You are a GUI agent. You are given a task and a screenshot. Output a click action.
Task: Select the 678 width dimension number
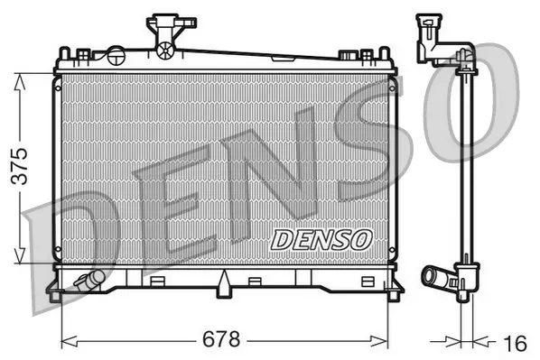pyautogui.click(x=221, y=340)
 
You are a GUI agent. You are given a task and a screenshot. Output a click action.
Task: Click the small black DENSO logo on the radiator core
pyautogui.click(x=321, y=239)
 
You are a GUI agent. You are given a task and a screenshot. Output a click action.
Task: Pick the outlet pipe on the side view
pyautogui.click(x=439, y=275)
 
